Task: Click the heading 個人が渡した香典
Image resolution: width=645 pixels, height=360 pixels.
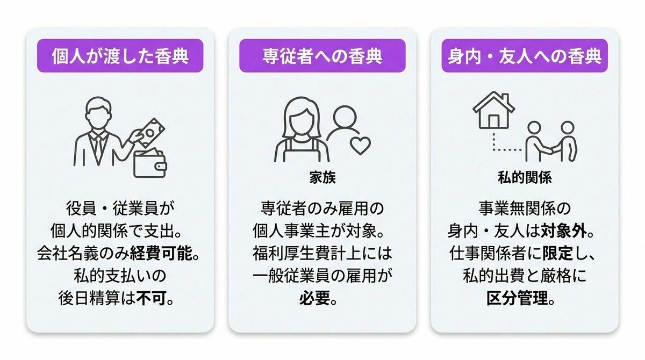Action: tap(120, 56)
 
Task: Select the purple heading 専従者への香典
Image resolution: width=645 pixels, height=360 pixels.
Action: tap(322, 56)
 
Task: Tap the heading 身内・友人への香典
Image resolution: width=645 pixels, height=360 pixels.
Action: tap(525, 56)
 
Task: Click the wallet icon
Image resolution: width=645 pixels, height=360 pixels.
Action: tap(150, 164)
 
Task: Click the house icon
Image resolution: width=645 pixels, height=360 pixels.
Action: tap(493, 110)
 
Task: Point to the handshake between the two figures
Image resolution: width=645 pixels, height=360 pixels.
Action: tap(550, 150)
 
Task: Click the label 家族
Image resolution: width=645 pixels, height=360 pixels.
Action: tap(322, 177)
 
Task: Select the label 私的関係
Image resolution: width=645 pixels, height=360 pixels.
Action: tap(525, 177)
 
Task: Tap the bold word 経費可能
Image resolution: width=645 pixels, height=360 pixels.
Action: tap(161, 254)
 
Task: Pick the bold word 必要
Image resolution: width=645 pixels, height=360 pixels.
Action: tap(315, 298)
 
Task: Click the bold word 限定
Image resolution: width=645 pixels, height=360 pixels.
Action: tap(558, 254)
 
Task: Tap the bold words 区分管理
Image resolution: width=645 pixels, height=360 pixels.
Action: tap(517, 298)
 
